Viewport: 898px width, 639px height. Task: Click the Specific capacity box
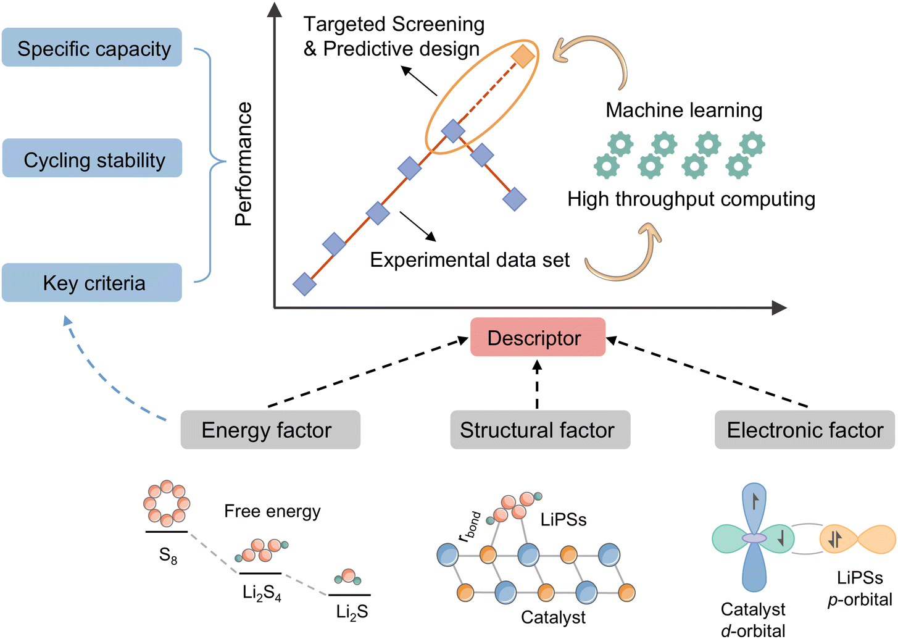pyautogui.click(x=92, y=48)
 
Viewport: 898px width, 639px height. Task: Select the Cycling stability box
pyautogui.click(x=92, y=159)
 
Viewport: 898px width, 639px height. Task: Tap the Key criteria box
pyautogui.click(x=92, y=283)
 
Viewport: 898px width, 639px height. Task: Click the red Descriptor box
pyautogui.click(x=538, y=337)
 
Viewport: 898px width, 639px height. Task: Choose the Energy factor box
pyautogui.click(x=270, y=430)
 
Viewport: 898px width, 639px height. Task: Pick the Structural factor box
pyautogui.click(x=540, y=430)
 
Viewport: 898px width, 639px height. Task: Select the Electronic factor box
pyautogui.click(x=804, y=430)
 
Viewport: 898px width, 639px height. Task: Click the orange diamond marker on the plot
pyautogui.click(x=523, y=56)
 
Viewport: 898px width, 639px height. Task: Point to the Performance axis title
pyautogui.click(x=244, y=164)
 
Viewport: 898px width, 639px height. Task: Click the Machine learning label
pyautogui.click(x=684, y=110)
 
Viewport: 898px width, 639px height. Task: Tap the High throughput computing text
pyautogui.click(x=691, y=199)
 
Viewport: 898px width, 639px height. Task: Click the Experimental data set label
pyautogui.click(x=469, y=260)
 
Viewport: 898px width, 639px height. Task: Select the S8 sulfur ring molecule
pyautogui.click(x=167, y=504)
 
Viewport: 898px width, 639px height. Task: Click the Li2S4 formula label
pyautogui.click(x=262, y=593)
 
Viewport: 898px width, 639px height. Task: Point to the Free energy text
pyautogui.click(x=272, y=511)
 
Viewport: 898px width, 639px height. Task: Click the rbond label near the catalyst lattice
pyautogui.click(x=470, y=526)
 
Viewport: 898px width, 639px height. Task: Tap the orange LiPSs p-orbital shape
pyautogui.click(x=858, y=539)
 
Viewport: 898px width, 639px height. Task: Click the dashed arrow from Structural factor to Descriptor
pyautogui.click(x=537, y=385)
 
